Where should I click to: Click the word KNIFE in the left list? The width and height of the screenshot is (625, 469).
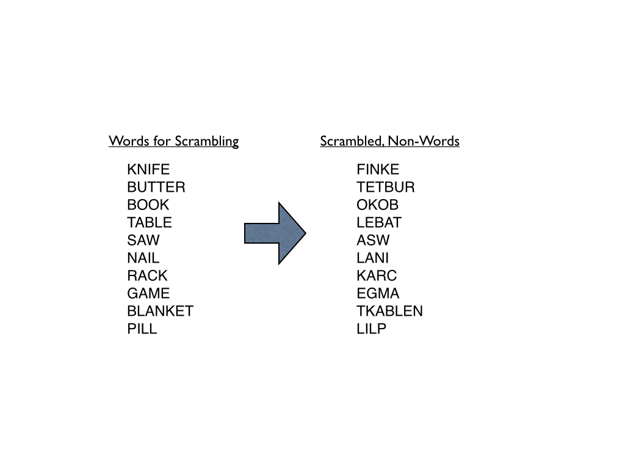148,169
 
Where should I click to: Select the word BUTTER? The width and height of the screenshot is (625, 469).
156,187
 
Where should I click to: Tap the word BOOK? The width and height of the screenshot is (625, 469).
148,205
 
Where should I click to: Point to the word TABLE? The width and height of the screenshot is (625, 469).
150,222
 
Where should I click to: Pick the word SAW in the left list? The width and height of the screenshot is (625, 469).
143,240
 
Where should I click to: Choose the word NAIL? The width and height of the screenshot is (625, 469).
143,258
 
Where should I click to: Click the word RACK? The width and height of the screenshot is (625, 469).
147,275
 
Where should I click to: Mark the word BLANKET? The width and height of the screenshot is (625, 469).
160,311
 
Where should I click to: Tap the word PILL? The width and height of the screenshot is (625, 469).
142,329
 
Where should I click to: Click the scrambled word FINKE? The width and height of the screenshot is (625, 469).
378,169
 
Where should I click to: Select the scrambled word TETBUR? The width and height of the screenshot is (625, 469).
386,187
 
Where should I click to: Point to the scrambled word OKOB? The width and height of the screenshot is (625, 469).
378,205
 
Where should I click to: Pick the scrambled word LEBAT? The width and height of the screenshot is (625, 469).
379,222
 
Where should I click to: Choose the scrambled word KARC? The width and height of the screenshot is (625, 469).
377,275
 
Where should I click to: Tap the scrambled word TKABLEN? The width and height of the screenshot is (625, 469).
389,311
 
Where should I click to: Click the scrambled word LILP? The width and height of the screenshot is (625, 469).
372,329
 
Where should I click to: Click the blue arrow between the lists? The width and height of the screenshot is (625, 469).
275,233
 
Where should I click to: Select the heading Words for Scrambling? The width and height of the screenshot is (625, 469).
173,141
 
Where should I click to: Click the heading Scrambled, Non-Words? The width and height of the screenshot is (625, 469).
389,141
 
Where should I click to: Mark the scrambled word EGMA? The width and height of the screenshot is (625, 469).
378,293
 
